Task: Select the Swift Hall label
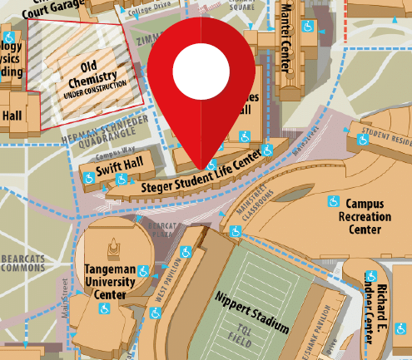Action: point(113,170)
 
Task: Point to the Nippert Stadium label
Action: point(251,312)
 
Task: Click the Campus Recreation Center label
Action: point(364,215)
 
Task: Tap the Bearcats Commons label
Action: point(22,264)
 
